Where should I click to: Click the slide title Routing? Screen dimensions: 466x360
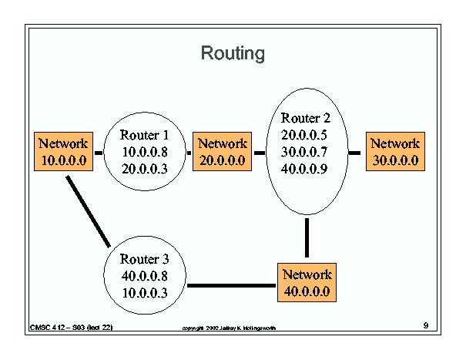tap(233, 53)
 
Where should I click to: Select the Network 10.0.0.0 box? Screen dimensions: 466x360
tap(64, 151)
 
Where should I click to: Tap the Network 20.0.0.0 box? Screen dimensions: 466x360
tap(223, 151)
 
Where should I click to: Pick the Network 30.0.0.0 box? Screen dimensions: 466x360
tap(396, 151)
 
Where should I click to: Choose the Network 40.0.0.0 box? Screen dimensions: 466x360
tap(307, 282)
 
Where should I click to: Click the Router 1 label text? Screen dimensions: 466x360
tap(145, 135)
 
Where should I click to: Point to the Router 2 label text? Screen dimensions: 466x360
tap(306, 118)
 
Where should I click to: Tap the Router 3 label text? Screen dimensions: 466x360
tap(145, 259)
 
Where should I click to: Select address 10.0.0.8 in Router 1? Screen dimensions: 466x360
tap(145, 152)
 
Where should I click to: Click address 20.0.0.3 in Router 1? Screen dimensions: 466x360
tap(145, 169)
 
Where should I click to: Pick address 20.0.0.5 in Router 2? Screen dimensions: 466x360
tap(304, 135)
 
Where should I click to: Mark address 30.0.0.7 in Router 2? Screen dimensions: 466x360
tap(304, 152)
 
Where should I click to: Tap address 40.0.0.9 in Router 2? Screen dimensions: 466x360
tap(304, 169)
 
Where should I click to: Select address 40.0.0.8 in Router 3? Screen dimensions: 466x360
tap(145, 276)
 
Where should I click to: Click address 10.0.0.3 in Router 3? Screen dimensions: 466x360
tap(145, 293)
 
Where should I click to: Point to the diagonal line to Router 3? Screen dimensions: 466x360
tap(89, 211)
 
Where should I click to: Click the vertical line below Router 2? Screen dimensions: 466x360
tap(307, 237)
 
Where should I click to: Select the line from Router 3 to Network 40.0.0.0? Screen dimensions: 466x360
tap(232, 286)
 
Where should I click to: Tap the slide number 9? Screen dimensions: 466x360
tap(426, 325)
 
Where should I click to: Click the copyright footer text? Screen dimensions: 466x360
tap(229, 328)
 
